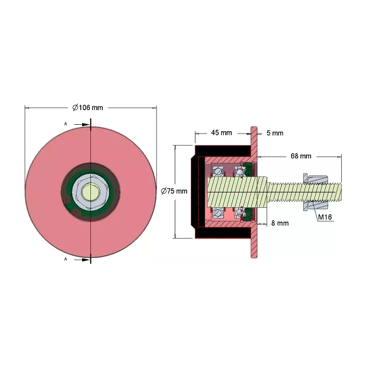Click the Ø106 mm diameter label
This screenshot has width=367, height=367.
click(x=88, y=108)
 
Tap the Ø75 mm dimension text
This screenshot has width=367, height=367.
click(x=174, y=191)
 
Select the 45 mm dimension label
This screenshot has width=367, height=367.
click(x=222, y=133)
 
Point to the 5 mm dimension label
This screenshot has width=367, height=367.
click(x=275, y=133)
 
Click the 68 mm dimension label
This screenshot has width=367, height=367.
click(x=301, y=156)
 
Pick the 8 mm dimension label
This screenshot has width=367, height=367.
click(x=280, y=223)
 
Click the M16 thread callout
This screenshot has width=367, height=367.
click(x=325, y=217)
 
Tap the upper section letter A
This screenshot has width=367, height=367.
click(x=66, y=124)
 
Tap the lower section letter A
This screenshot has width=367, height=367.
click(x=66, y=259)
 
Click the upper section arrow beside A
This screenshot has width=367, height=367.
click(x=82, y=124)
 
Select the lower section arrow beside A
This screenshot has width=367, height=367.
click(x=82, y=260)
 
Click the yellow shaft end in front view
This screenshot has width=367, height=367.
click(x=90, y=192)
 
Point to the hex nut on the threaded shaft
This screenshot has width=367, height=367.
click(x=317, y=192)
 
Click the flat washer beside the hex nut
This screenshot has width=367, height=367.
click(x=305, y=192)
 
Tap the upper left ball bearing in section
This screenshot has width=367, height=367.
click(x=218, y=171)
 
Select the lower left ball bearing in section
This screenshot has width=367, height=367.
click(x=218, y=213)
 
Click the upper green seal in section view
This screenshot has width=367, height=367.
click(x=248, y=168)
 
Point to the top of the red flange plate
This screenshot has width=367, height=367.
click(x=254, y=128)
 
